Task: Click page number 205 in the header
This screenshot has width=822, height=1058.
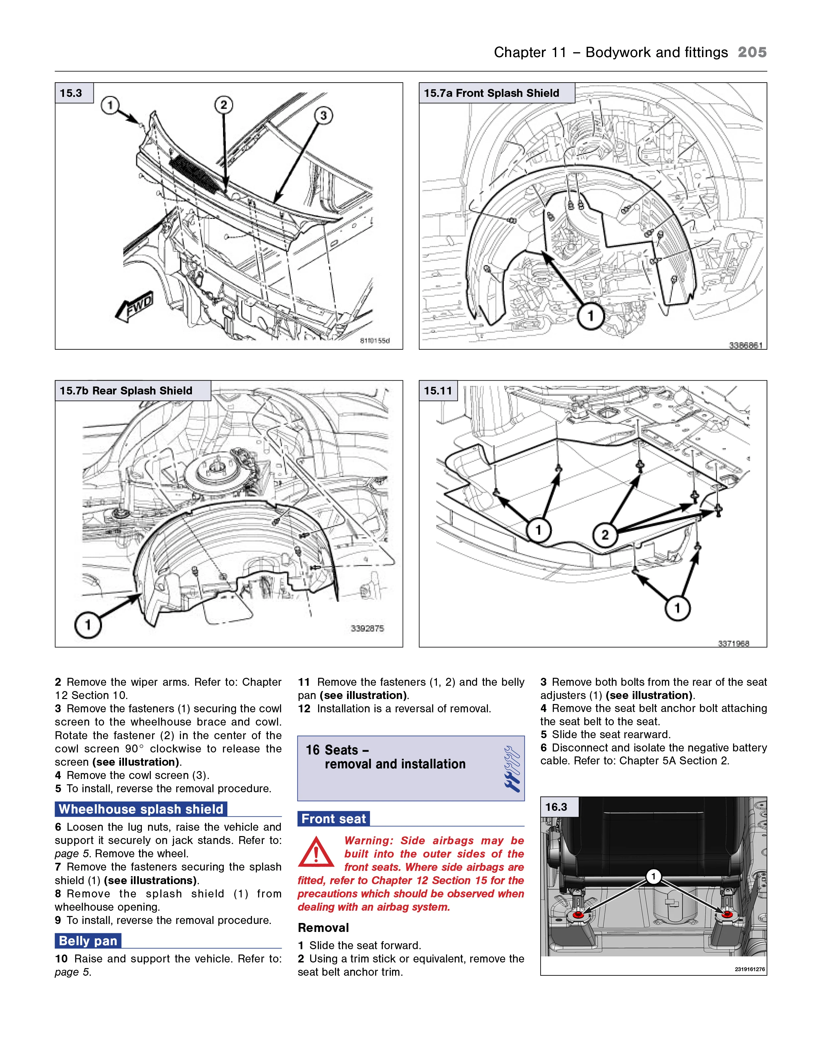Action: (752, 52)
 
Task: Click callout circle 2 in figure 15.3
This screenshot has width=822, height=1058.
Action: (224, 105)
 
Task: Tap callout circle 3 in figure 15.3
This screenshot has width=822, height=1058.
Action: (323, 115)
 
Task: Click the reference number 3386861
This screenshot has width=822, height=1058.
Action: (745, 345)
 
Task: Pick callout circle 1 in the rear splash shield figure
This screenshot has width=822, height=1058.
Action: (88, 625)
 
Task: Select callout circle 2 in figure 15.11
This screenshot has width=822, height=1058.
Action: (605, 535)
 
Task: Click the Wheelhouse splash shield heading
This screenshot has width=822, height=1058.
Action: (141, 809)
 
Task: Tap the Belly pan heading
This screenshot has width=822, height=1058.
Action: (88, 941)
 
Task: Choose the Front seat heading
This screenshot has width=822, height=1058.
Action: (333, 819)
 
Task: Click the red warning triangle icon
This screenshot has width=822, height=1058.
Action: (316, 853)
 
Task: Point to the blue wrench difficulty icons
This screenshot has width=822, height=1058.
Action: (512, 768)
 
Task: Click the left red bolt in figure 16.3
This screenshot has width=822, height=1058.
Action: (578, 915)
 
